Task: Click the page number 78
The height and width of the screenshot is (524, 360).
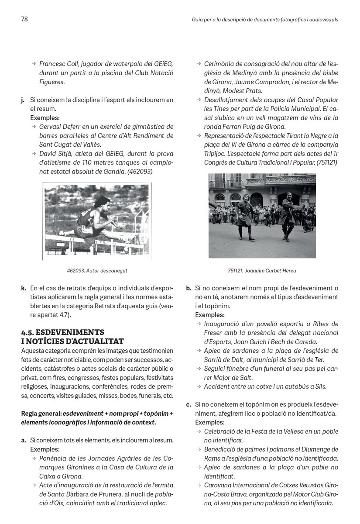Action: coord(24,19)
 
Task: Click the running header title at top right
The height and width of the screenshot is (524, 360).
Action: coord(265,20)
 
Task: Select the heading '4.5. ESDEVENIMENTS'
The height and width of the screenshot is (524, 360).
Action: coord(62,331)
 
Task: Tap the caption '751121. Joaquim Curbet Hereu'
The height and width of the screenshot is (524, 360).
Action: coord(262,271)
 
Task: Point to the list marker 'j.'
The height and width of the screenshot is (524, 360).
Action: coord(23,100)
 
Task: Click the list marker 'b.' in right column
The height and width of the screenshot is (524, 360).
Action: coord(189,288)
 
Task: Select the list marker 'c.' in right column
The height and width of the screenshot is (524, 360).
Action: coord(189,405)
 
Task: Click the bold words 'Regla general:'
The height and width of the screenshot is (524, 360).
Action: coord(41,414)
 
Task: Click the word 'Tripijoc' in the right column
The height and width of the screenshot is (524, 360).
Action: coord(215,153)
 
